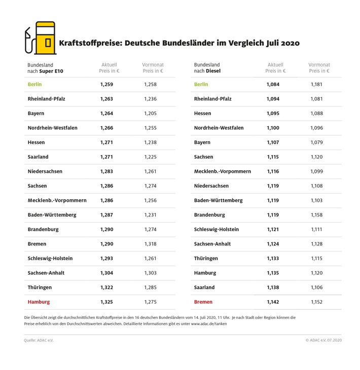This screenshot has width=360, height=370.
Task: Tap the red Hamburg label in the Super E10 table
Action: tap(39, 302)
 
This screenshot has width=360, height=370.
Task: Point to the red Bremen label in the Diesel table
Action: tap(203, 302)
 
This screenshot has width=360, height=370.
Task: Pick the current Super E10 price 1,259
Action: tap(106, 84)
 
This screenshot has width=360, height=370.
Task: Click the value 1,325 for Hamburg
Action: tap(106, 302)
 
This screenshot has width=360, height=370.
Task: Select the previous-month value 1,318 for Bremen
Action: tap(151, 244)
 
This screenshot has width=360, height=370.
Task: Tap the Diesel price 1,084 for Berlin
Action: tap(273, 84)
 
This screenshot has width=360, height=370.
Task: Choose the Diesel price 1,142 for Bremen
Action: tap(273, 302)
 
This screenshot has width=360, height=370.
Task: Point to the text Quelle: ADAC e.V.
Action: tap(39, 340)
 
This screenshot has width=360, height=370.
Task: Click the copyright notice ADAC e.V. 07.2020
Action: tap(323, 340)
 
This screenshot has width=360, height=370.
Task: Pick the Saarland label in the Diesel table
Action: tap(204, 287)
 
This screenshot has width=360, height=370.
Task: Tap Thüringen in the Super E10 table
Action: tap(40, 287)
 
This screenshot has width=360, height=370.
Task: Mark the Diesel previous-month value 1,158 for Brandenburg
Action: tap(316, 215)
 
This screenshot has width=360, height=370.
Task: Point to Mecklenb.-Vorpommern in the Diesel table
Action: tap(222, 171)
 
